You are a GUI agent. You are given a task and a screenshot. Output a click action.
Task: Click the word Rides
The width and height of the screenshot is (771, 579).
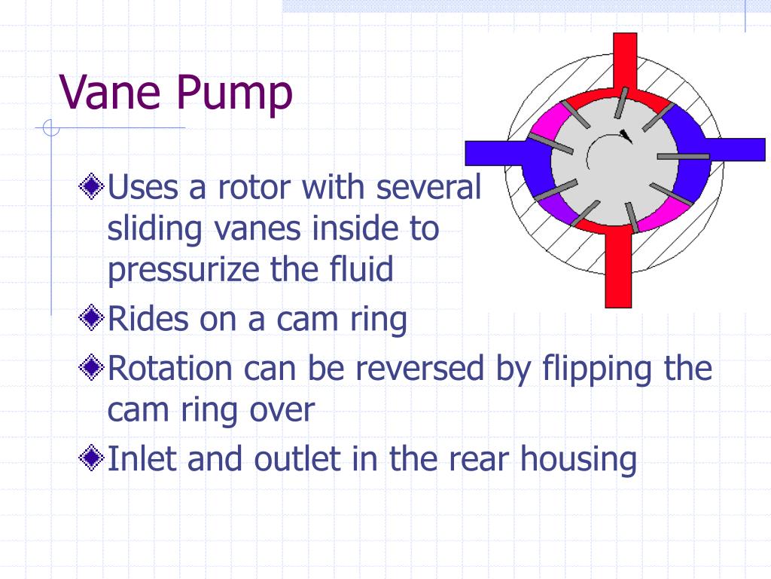(147, 320)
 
